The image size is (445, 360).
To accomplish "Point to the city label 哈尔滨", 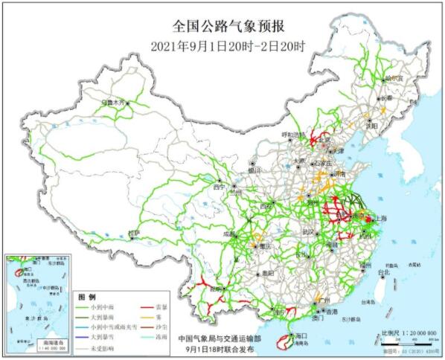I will coord(394,77).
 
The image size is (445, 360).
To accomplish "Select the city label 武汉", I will coord(308,232).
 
